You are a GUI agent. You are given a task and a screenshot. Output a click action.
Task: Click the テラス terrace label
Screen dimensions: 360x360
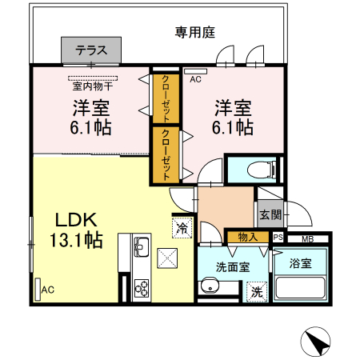pos(92,50)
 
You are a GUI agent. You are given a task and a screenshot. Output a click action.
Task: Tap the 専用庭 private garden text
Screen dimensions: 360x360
pos(196,32)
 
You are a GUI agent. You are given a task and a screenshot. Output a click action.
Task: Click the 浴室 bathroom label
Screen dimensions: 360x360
pos(302,262)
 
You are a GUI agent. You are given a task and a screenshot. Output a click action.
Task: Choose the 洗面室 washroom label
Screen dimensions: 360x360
pos(233,267)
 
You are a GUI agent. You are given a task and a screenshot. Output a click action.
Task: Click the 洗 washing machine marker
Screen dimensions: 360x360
pos(257,292)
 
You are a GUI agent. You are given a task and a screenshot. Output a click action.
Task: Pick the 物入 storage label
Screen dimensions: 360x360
pos(247,237)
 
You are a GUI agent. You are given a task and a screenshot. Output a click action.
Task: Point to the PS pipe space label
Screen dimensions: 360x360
pos(278,238)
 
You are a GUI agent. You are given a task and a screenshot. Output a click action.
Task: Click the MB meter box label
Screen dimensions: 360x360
pos(308,238)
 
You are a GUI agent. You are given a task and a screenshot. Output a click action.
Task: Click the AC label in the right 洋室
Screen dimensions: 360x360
pos(195,79)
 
